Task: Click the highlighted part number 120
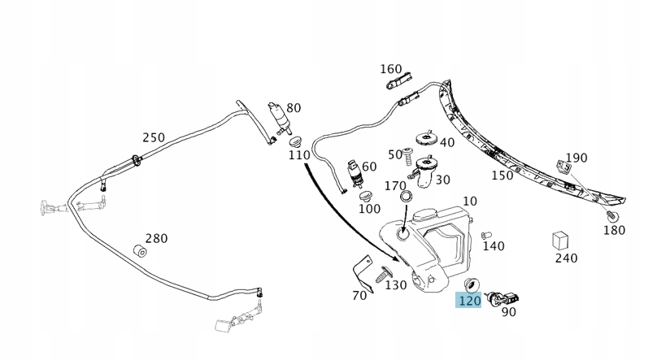[470, 301]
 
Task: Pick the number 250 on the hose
[153, 137]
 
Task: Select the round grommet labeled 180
[612, 216]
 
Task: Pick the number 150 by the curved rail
[502, 175]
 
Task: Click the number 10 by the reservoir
[470, 201]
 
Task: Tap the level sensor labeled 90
[504, 299]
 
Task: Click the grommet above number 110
[295, 141]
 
